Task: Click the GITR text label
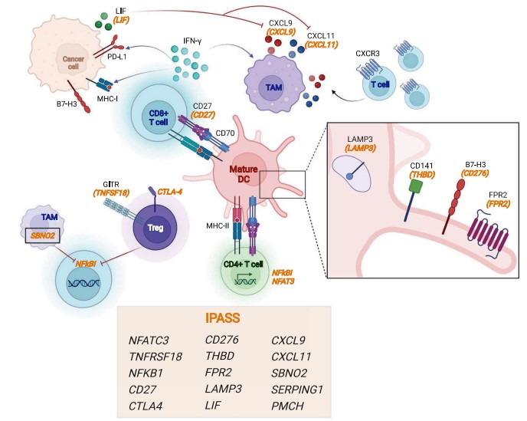(x=111, y=185)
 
